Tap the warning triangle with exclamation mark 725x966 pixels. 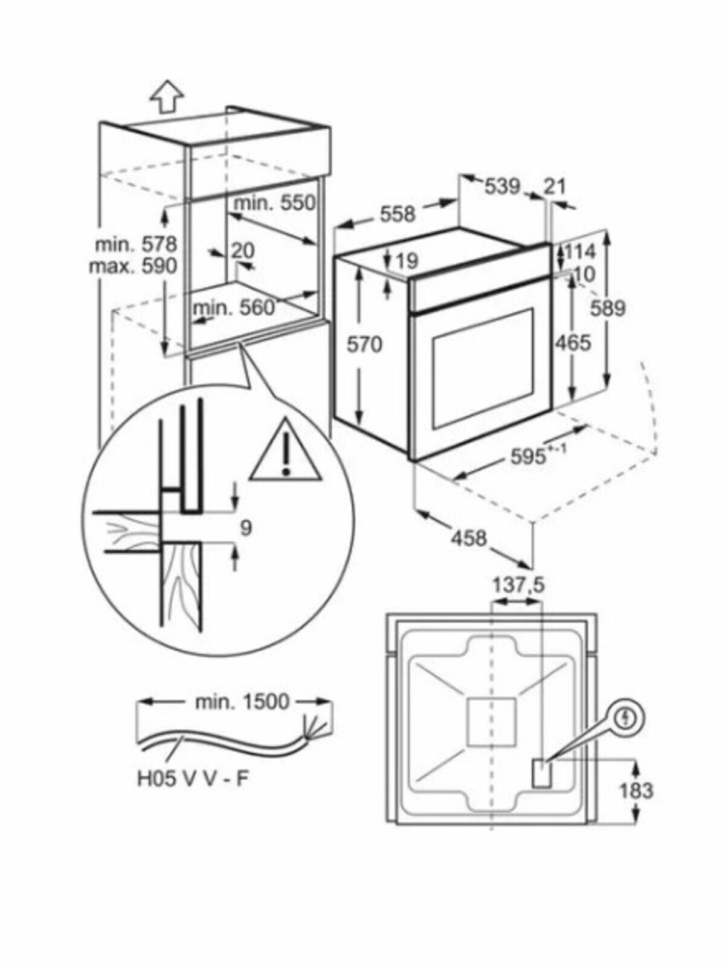pyautogui.click(x=286, y=450)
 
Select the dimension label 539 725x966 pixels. pyautogui.click(x=503, y=187)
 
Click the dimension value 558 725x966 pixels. pyautogui.click(x=398, y=214)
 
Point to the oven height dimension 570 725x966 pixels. pyautogui.click(x=365, y=344)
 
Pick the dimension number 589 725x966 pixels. pyautogui.click(x=607, y=308)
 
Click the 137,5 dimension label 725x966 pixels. pyautogui.click(x=518, y=586)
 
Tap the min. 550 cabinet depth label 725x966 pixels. pyautogui.click(x=274, y=203)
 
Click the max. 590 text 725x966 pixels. pyautogui.click(x=133, y=265)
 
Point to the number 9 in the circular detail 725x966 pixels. pyautogui.click(x=246, y=527)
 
